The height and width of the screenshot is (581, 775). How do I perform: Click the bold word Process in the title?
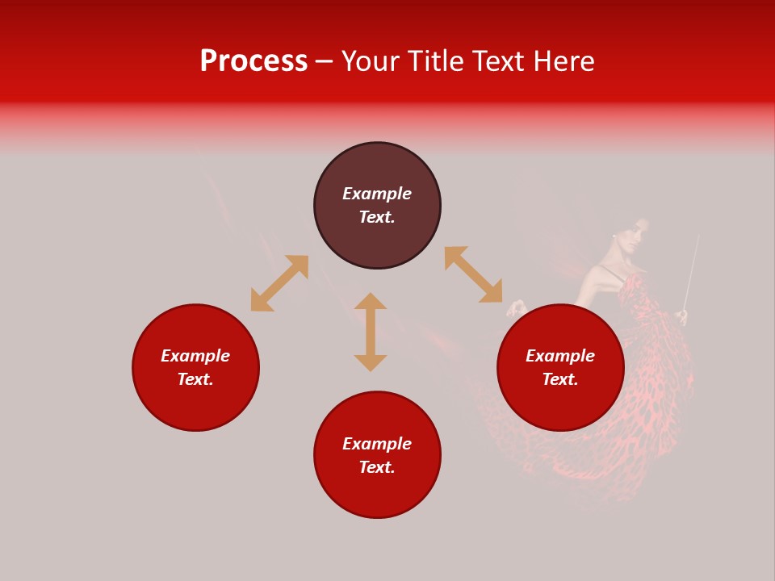tap(253, 61)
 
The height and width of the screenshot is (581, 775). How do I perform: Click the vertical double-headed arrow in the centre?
tap(371, 332)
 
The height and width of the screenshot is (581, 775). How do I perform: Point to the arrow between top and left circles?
tap(279, 283)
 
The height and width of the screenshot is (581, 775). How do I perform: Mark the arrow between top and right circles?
tap(474, 274)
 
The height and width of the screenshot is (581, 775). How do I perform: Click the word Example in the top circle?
tap(377, 194)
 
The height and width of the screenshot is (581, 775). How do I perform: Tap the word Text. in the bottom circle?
tap(377, 467)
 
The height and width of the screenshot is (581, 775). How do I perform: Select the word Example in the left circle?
tap(195, 356)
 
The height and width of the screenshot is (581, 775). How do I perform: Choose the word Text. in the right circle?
tap(560, 379)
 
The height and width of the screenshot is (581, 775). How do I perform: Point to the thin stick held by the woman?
tap(692, 270)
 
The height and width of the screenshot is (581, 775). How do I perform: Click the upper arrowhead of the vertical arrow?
tap(371, 301)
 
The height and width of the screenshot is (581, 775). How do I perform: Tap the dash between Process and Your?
tap(324, 61)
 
